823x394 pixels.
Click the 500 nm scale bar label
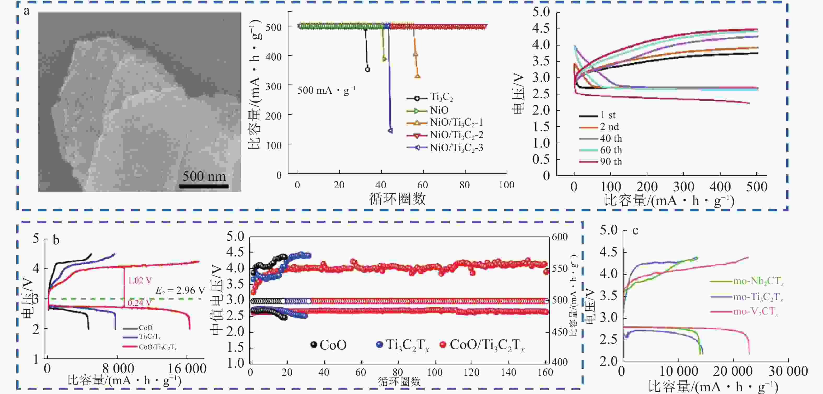(204, 176)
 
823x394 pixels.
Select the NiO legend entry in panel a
(439, 110)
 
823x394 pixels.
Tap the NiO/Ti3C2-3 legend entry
(456, 148)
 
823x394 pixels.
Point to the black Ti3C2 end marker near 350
(367, 69)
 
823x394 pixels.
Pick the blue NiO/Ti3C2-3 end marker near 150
(390, 131)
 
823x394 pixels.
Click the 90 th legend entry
(611, 162)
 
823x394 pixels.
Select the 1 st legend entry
(607, 115)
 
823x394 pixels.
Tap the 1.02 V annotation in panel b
(140, 280)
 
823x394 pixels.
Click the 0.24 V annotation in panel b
(140, 302)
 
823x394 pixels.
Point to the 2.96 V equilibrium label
(180, 290)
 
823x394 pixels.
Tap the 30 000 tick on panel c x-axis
(788, 371)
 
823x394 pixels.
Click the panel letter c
(635, 230)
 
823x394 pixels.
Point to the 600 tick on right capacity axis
(560, 237)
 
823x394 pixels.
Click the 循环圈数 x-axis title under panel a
(397, 199)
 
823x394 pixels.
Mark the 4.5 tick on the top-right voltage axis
(541, 28)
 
